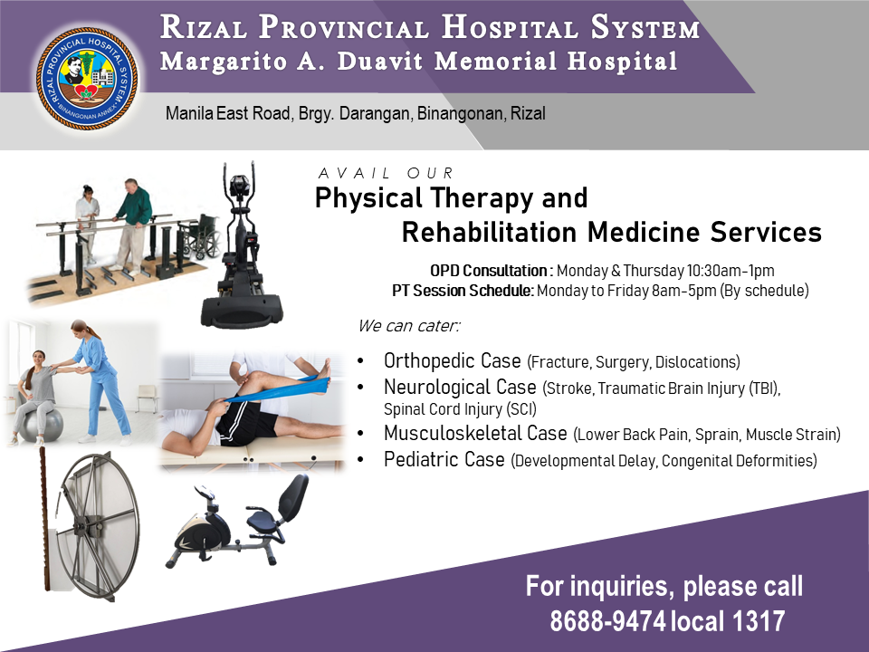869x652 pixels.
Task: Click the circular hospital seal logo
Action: click(87, 78)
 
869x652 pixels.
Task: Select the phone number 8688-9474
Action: click(607, 620)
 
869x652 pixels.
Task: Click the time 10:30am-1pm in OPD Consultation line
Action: click(731, 271)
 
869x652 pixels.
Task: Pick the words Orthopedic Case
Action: click(453, 360)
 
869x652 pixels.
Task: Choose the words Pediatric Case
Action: click(444, 459)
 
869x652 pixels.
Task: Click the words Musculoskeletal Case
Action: click(475, 433)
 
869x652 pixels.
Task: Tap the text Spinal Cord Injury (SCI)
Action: click(460, 409)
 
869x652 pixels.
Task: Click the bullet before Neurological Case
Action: click(361, 387)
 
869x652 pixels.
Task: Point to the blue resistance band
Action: click(277, 389)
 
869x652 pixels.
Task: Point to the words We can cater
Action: click(408, 325)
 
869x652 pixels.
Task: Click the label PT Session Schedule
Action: click(463, 291)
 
